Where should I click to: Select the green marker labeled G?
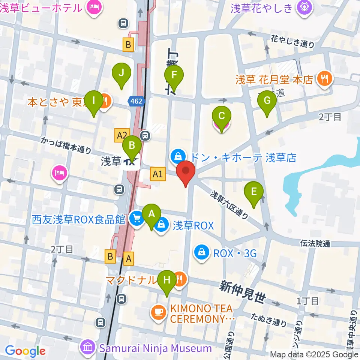(267, 101)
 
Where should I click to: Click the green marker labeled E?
(254, 192)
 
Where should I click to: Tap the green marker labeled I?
(94, 101)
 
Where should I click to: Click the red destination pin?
(186, 171)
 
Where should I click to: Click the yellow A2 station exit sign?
(123, 135)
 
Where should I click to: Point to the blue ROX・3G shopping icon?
(202, 253)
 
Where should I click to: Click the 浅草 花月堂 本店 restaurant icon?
(323, 79)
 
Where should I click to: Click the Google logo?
(25, 351)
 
